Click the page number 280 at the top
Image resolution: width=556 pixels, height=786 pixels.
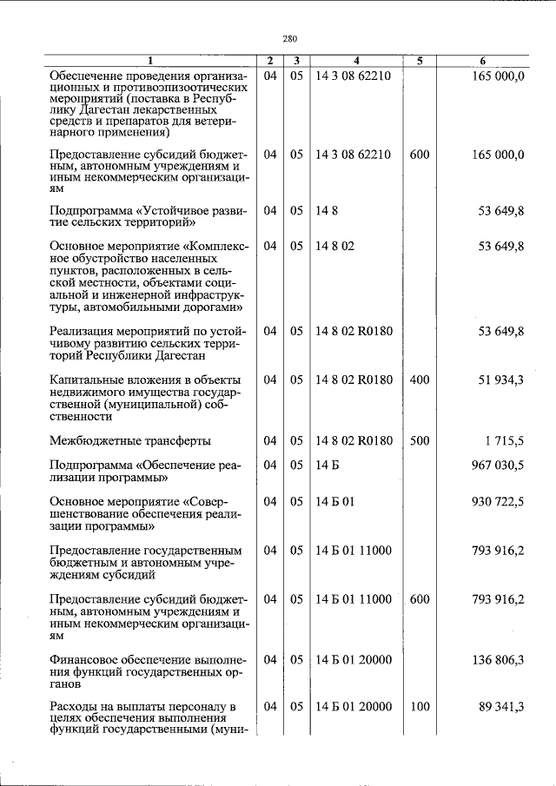point(290,38)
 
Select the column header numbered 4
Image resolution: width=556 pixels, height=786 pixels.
point(356,61)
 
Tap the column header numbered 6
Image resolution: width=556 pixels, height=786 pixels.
point(484,61)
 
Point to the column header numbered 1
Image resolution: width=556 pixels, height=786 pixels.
point(149,61)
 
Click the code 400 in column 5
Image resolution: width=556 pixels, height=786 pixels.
point(420,380)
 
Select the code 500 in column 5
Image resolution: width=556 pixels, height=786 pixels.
point(420,441)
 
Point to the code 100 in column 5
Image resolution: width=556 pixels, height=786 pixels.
point(420,708)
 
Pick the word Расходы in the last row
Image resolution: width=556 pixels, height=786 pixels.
point(75,708)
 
